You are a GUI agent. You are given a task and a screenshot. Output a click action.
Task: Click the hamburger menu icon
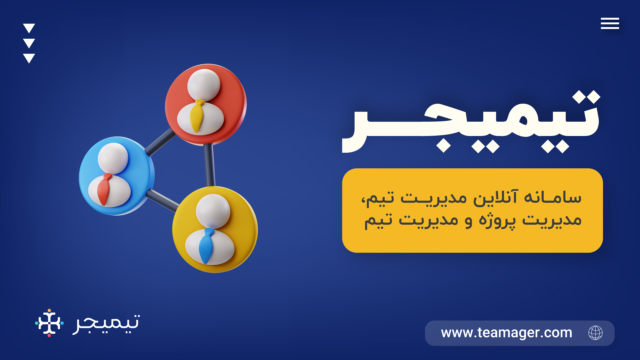tap(610, 23)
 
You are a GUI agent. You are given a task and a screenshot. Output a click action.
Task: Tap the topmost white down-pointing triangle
tap(29, 28)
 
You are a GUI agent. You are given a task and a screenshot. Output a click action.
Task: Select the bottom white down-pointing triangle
tap(29, 58)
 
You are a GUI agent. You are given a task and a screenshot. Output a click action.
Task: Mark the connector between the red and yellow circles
tap(209, 165)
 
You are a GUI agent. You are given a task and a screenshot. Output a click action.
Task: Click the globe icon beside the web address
tap(595, 333)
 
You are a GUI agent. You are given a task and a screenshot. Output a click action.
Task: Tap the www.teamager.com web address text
tap(506, 333)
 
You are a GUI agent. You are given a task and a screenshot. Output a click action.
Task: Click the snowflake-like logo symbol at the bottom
tap(49, 323)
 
